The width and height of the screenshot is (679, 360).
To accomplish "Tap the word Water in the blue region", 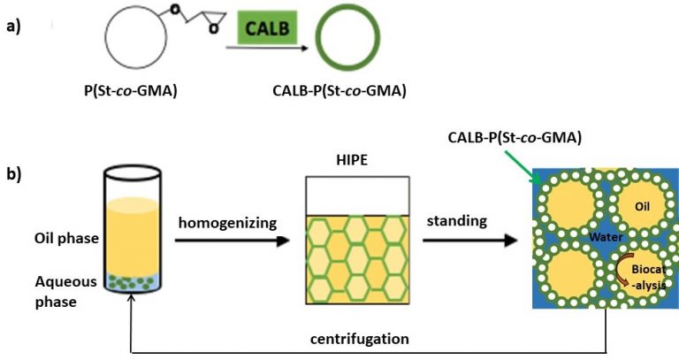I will (x=593, y=237).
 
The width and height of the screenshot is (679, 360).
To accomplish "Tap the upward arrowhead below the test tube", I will (x=132, y=303).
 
